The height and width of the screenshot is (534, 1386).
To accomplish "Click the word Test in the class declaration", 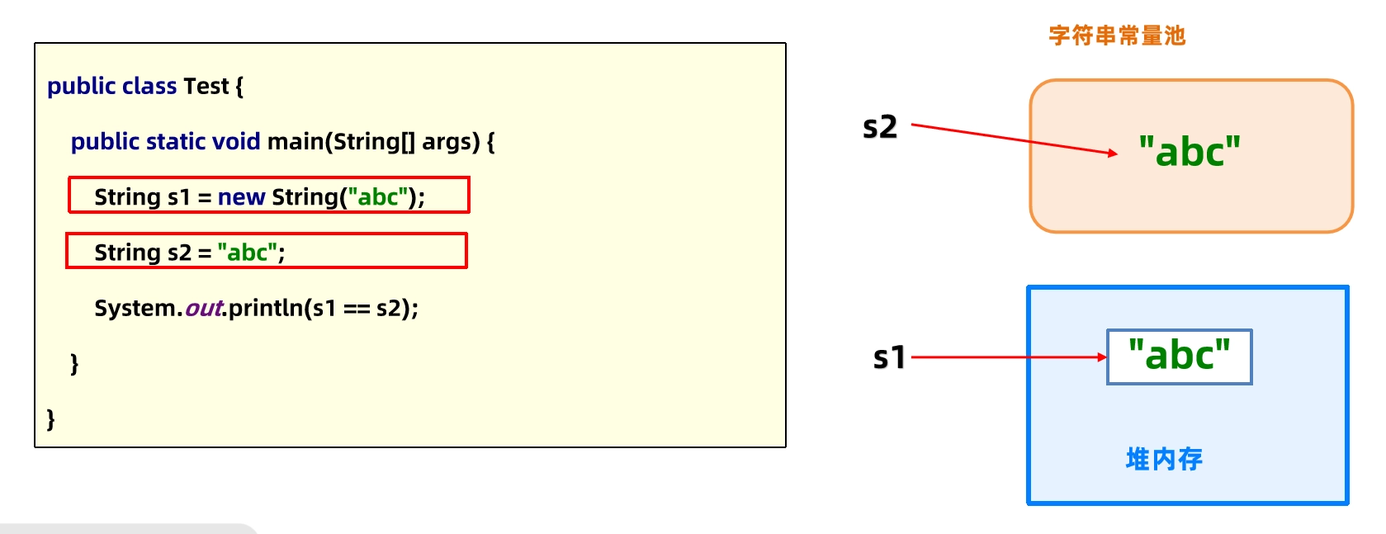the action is tap(206, 86).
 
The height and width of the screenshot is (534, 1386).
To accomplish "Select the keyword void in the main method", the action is tap(236, 142).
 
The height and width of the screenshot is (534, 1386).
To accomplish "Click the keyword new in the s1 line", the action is tap(241, 197).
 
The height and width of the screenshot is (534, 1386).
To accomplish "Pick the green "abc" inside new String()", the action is tap(378, 196).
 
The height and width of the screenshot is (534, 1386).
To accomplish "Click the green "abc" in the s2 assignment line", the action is tap(247, 253).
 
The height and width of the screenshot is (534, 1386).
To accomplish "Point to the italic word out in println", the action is tap(203, 308).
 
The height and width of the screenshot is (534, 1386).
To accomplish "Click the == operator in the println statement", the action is tap(357, 308).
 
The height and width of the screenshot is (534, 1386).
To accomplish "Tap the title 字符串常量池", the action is tap(1117, 35).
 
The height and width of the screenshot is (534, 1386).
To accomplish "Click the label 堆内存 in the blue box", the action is tap(1164, 459).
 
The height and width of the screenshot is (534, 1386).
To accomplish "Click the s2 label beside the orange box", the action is tap(879, 127).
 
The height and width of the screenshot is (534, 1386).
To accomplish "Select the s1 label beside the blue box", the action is tap(889, 357).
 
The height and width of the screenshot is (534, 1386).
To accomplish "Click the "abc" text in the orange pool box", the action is tap(1190, 151).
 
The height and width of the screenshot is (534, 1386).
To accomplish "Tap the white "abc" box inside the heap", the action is tap(1180, 357).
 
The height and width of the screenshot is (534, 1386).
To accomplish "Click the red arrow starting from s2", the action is tap(1015, 139).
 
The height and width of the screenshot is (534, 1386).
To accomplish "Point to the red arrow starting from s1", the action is tap(1009, 357).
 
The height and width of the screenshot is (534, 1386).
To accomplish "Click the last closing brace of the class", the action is tap(50, 419).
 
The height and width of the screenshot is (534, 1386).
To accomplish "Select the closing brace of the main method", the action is tap(74, 364).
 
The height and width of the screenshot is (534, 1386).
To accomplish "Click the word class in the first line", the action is tap(149, 86).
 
